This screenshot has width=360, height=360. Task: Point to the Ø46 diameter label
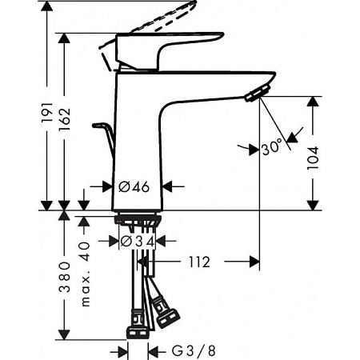pos(134,186)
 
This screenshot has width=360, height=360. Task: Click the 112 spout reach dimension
pos(200,261)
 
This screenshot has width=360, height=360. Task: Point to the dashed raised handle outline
pos(164,22)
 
